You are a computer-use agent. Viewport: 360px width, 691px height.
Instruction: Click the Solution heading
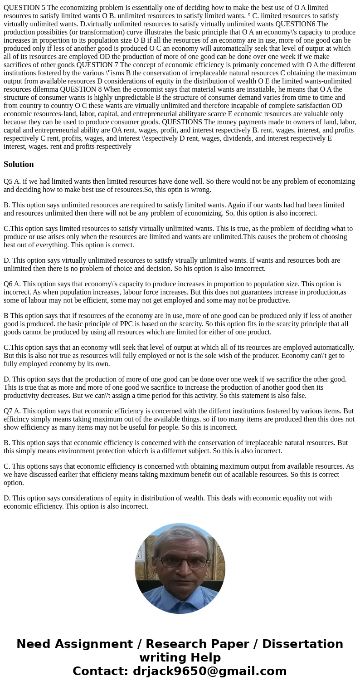tap(19, 164)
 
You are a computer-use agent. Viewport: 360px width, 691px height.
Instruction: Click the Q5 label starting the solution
tap(8, 181)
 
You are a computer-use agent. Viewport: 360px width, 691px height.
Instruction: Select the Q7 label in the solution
tap(8, 411)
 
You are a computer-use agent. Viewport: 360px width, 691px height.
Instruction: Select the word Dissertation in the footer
tap(302, 644)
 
